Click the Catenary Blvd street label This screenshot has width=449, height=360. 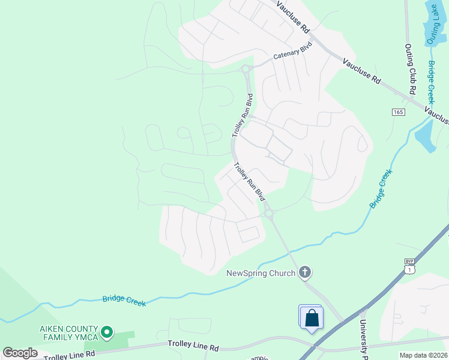294,51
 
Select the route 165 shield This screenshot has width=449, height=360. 399,112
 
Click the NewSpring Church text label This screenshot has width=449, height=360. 261,274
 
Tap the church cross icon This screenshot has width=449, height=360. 305,273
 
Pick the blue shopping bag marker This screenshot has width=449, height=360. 312,317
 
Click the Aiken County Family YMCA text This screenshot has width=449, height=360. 68,333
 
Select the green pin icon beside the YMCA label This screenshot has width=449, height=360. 107,331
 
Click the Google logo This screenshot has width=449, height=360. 20,353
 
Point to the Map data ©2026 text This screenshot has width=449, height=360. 423,355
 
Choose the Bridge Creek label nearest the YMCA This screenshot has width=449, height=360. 124,300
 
